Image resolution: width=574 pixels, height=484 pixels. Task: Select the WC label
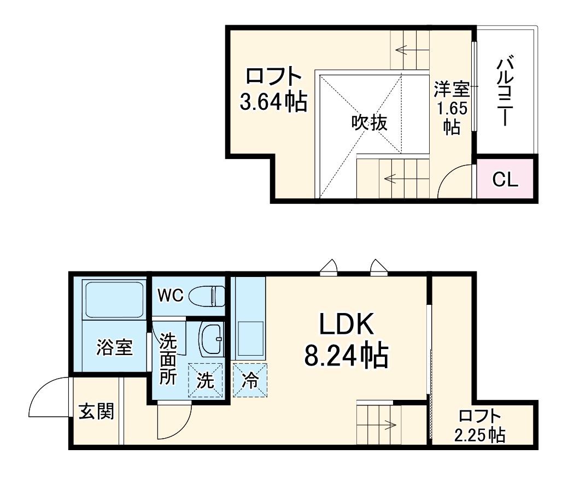pyautogui.click(x=170, y=296)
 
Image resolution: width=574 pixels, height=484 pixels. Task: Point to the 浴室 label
pyautogui.click(x=115, y=347)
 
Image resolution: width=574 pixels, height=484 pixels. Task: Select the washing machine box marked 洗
pyautogui.click(x=206, y=381)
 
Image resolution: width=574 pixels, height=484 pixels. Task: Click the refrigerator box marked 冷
pyautogui.click(x=250, y=381)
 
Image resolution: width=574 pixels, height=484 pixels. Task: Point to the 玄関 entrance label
pyautogui.click(x=96, y=411)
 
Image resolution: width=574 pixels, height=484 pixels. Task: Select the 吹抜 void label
pyautogui.click(x=369, y=122)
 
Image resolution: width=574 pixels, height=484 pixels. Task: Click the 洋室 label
pyautogui.click(x=452, y=88)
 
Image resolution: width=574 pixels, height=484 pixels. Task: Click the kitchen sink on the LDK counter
pyautogui.click(x=249, y=337)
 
